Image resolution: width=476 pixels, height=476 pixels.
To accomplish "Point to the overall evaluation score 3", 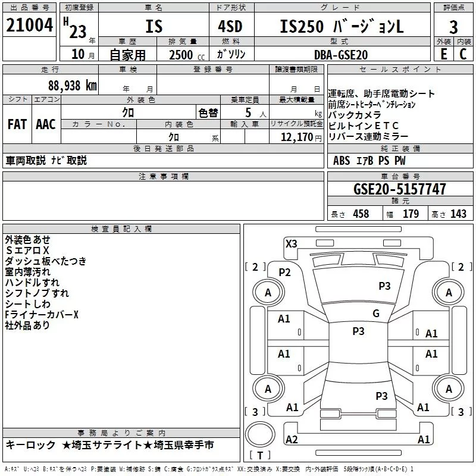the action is click(x=453, y=27).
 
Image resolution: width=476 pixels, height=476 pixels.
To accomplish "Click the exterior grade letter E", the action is click(x=443, y=54).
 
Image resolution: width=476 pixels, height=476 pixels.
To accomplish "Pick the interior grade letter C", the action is click(x=464, y=54).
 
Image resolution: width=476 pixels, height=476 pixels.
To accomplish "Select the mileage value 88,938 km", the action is click(x=72, y=85).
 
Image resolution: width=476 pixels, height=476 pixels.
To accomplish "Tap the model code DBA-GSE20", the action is click(x=341, y=54).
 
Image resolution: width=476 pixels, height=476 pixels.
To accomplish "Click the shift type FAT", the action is click(x=17, y=124).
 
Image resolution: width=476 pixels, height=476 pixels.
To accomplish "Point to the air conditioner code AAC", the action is click(x=45, y=124).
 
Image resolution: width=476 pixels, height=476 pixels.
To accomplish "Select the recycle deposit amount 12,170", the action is click(x=296, y=137).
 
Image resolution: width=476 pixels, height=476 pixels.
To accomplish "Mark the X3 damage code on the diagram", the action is click(x=292, y=243).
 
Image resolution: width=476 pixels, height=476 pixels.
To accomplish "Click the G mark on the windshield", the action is click(x=375, y=314).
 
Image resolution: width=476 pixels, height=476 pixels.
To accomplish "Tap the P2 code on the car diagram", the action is click(x=284, y=272).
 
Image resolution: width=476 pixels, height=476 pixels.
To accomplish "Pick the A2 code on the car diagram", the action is click(x=292, y=439).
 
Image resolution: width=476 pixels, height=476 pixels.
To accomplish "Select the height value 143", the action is click(x=458, y=214).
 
